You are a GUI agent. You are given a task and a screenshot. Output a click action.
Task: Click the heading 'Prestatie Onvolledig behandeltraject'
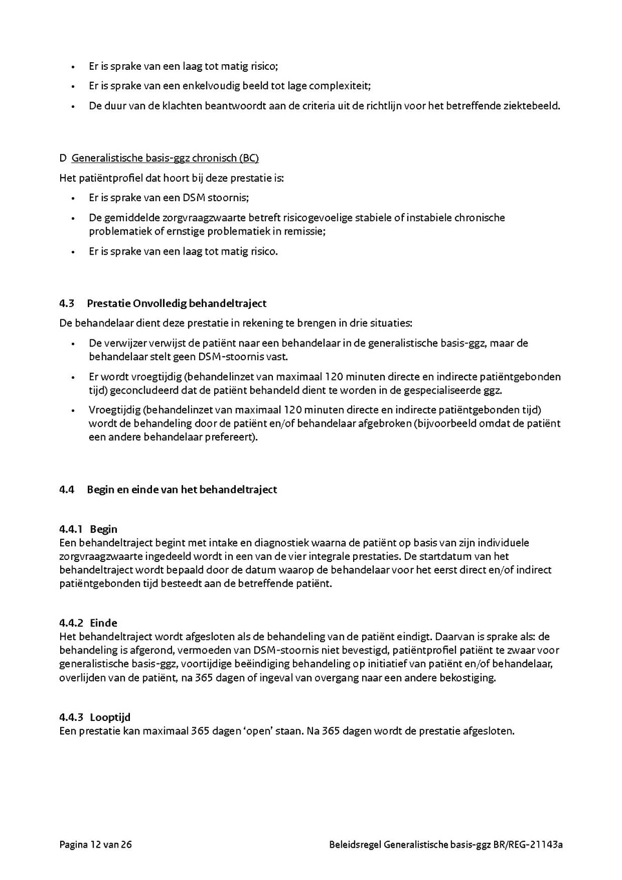[176, 303]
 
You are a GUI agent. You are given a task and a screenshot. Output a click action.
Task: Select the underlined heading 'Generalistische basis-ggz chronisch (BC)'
[165, 158]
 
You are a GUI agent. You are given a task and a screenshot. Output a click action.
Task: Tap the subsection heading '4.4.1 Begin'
[88, 530]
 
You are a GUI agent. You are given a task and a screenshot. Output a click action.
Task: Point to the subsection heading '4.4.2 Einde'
[88, 623]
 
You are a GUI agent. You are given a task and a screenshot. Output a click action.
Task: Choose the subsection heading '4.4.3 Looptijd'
[95, 718]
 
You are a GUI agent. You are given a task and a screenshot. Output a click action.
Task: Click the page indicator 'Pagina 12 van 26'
[95, 844]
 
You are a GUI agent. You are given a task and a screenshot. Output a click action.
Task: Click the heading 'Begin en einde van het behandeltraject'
[182, 489]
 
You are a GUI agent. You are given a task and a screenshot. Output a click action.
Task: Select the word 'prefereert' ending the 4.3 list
[231, 437]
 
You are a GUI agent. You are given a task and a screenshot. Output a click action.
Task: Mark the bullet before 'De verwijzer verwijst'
[73, 344]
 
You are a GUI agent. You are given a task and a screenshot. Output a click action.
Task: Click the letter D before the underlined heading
[63, 158]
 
